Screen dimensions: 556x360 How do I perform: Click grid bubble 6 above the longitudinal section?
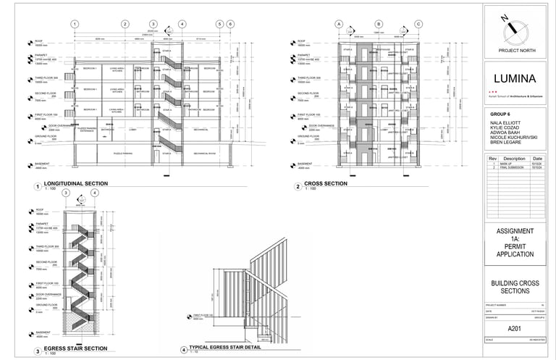(229, 24)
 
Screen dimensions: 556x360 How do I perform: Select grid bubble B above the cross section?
(378, 24)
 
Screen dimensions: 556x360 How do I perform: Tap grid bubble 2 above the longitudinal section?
(125, 24)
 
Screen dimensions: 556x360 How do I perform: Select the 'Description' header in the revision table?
(514, 159)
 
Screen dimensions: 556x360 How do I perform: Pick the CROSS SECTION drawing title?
(326, 184)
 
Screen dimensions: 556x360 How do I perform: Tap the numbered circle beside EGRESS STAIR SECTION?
(37, 351)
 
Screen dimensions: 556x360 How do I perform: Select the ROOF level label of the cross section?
(302, 41)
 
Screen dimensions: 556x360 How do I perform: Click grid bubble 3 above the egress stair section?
(66, 193)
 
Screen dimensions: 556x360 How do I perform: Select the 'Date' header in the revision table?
(537, 159)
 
